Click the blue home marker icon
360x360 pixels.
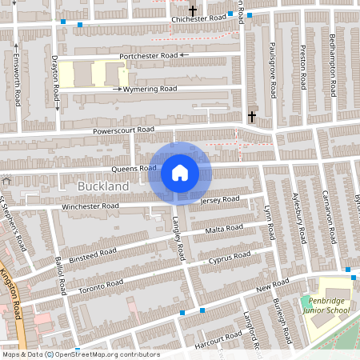coord(180,172)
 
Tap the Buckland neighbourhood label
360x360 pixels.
coord(103,186)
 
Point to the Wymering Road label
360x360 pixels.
coord(150,90)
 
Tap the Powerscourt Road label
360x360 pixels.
coord(122,130)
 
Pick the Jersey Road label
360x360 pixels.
coord(220,199)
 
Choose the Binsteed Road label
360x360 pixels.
coord(93,255)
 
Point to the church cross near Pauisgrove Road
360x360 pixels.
coord(252,116)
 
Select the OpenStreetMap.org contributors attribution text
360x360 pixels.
coord(106,354)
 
